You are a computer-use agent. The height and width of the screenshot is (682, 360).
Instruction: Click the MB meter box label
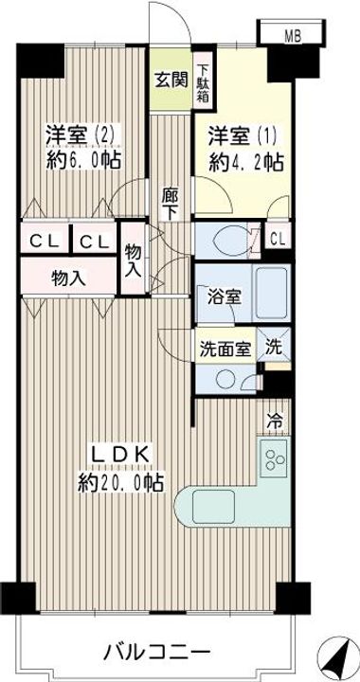coord(293,37)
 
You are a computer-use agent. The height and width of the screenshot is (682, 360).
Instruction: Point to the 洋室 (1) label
coord(242,137)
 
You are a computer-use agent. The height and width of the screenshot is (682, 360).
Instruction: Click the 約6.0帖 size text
coord(83,161)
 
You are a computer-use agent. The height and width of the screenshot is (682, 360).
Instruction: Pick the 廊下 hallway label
coord(170,203)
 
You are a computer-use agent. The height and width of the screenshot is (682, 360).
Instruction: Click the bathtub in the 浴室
coord(271,294)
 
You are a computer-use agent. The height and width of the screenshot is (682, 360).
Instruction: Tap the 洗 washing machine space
coord(274,345)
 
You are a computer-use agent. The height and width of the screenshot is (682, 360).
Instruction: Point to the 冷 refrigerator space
coord(274,420)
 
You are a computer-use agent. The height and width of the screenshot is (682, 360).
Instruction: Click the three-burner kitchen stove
coord(275,459)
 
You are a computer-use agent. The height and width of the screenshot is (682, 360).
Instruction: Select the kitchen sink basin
coord(213,507)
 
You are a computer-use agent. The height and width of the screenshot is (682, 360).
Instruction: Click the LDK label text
coord(120,456)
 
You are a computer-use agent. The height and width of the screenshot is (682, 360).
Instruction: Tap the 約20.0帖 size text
coord(120,483)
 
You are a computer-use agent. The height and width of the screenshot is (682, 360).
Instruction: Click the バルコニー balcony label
coord(158,652)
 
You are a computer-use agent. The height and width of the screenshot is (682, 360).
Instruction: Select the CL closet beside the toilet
coord(278,238)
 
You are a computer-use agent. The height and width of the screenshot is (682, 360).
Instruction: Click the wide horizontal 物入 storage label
coord(68,278)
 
